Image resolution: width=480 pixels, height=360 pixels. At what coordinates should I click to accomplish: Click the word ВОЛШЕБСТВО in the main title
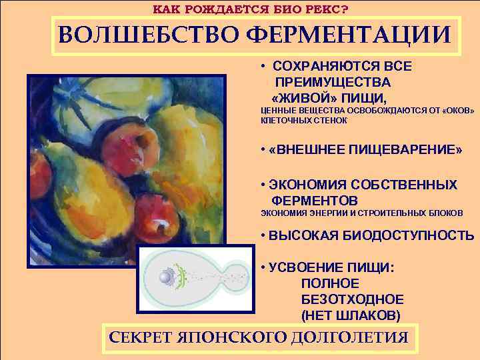pyautogui.click(x=147, y=34)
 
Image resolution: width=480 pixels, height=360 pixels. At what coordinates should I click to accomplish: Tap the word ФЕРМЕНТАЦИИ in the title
pyautogui.click(x=349, y=34)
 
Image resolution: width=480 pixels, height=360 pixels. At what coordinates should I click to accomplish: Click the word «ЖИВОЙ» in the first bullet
pyautogui.click(x=309, y=96)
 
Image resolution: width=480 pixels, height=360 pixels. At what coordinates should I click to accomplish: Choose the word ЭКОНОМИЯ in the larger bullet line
pyautogui.click(x=303, y=185)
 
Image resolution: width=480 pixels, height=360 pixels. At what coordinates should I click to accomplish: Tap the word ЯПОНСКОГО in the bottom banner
pyautogui.click(x=233, y=337)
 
